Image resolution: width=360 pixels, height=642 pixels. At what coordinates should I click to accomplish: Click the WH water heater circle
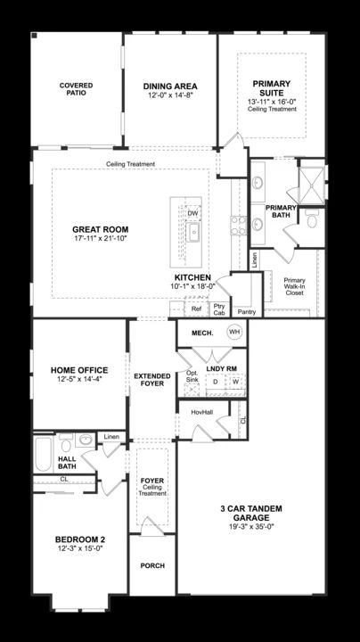pos(234,331)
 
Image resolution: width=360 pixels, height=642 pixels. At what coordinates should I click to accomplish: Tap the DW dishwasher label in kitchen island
pos(192,213)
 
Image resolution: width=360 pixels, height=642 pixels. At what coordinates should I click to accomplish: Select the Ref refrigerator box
pos(196,309)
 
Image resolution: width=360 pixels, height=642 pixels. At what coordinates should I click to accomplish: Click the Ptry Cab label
pos(219,309)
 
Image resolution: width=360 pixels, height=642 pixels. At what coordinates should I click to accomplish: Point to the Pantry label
pos(247,312)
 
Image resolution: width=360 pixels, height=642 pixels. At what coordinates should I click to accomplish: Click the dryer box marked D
pos(215,382)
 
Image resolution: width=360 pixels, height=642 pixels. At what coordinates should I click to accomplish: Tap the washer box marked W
pos(236,382)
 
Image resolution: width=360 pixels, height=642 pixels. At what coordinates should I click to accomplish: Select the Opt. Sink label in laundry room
pos(192,376)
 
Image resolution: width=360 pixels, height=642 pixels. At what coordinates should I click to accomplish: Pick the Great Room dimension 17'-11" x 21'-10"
pos(100,238)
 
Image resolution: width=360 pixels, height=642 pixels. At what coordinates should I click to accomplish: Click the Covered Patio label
pos(76,89)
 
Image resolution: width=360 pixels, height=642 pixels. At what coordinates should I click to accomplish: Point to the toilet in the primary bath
pos(312,219)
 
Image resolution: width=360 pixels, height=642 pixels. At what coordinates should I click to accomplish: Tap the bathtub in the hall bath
pos(43,454)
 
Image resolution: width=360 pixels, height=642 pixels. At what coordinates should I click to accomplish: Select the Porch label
pos(152,565)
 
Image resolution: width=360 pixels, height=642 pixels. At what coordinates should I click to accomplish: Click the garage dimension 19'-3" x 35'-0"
pos(251,527)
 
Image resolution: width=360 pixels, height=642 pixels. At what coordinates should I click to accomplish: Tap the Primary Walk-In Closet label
pos(295,286)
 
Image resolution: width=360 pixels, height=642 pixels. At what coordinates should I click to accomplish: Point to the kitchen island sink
pos(192,233)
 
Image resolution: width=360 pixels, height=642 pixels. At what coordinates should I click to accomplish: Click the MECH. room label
pos(202,333)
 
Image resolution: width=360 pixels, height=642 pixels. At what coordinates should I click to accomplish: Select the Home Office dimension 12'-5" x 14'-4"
pos(79,380)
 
